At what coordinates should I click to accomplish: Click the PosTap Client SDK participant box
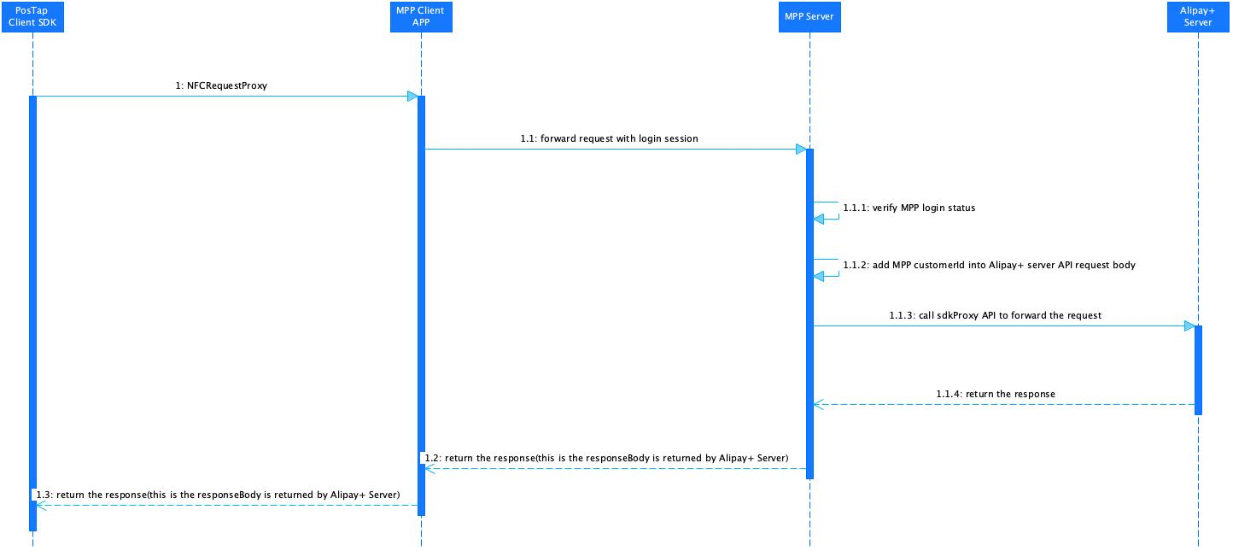(33, 17)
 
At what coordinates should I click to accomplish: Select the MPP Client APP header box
(421, 17)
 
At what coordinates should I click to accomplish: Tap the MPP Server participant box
(809, 17)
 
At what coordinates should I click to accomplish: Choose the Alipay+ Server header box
(1198, 17)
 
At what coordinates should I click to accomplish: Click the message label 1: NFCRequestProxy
(221, 86)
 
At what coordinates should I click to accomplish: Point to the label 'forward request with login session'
(619, 138)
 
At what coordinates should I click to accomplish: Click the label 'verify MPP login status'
(924, 208)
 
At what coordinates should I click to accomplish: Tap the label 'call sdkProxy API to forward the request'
(1010, 315)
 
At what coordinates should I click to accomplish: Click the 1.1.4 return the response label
(996, 394)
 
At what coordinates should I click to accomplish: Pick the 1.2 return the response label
(606, 458)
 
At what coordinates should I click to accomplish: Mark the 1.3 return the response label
(218, 495)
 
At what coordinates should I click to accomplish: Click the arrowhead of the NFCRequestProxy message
(412, 97)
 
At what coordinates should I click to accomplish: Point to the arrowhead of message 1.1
(802, 149)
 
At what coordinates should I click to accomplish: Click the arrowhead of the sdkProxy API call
(1189, 325)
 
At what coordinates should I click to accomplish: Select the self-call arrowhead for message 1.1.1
(819, 219)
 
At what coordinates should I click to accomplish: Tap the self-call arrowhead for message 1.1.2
(819, 276)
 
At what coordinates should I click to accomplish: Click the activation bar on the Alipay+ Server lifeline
(1198, 370)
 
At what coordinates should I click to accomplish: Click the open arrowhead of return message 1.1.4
(819, 405)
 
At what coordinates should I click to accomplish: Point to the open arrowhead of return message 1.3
(41, 506)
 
